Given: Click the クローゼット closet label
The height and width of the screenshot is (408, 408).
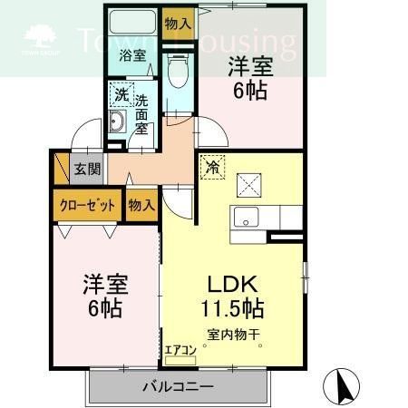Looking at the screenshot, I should [87, 205].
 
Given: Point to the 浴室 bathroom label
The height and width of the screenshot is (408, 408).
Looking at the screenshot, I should [133, 55].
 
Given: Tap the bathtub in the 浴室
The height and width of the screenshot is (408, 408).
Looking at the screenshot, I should [132, 24].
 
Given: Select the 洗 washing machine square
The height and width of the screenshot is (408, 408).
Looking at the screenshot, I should [121, 93].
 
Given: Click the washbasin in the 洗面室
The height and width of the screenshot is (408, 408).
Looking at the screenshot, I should [117, 124].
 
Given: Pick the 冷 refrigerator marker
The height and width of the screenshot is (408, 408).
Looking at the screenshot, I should [210, 167].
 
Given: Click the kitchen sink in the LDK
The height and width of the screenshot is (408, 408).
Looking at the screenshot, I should [245, 218].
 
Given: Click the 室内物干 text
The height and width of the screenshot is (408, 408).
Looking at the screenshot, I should [233, 335].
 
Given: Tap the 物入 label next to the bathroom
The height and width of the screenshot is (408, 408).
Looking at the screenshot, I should [178, 24].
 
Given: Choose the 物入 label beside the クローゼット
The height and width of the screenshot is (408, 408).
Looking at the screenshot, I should [141, 205].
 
